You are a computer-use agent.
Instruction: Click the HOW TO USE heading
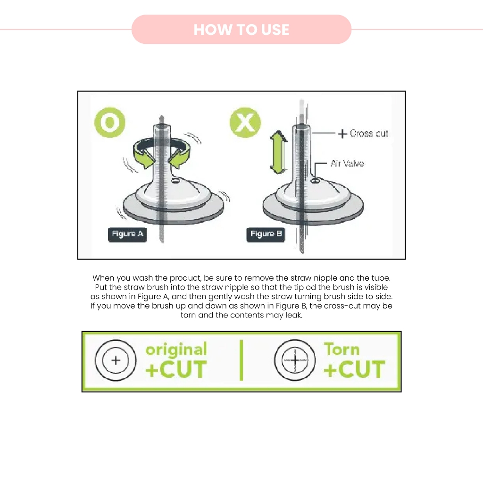click(x=241, y=30)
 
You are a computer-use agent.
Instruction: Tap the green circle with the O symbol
click(x=109, y=122)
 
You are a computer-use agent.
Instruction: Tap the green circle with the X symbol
click(x=245, y=122)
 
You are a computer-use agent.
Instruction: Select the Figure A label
click(x=127, y=234)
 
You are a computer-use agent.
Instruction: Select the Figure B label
click(x=266, y=234)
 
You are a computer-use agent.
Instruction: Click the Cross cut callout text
click(x=369, y=133)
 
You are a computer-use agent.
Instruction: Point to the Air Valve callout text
click(x=347, y=163)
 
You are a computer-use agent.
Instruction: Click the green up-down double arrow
click(x=279, y=152)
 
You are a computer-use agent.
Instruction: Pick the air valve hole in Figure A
click(x=175, y=181)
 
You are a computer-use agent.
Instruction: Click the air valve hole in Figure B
click(x=315, y=181)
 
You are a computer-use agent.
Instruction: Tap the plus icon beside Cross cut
click(x=342, y=133)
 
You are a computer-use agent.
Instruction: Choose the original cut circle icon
click(x=116, y=360)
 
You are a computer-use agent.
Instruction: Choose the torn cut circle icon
click(x=295, y=360)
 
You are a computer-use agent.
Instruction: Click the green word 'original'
click(x=176, y=350)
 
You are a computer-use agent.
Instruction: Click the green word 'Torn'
click(x=341, y=350)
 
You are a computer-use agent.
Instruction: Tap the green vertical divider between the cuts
click(x=241, y=360)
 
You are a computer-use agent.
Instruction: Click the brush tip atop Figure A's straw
click(x=161, y=119)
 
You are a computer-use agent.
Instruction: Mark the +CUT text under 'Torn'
click(x=354, y=369)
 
